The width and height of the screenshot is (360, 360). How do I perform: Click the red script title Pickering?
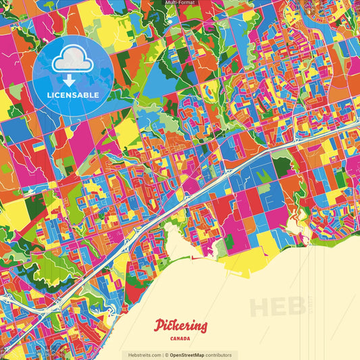point(180,326)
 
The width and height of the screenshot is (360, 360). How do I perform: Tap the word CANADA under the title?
point(180,338)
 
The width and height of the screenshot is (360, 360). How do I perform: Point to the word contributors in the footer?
point(217,355)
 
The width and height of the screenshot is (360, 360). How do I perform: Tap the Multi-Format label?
point(180,3)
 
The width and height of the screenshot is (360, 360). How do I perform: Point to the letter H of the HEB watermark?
point(261,307)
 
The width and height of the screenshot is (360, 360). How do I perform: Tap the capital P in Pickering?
point(159,326)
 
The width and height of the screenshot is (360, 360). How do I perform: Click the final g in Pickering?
point(203,328)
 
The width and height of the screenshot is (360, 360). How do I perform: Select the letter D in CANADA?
point(184,338)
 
